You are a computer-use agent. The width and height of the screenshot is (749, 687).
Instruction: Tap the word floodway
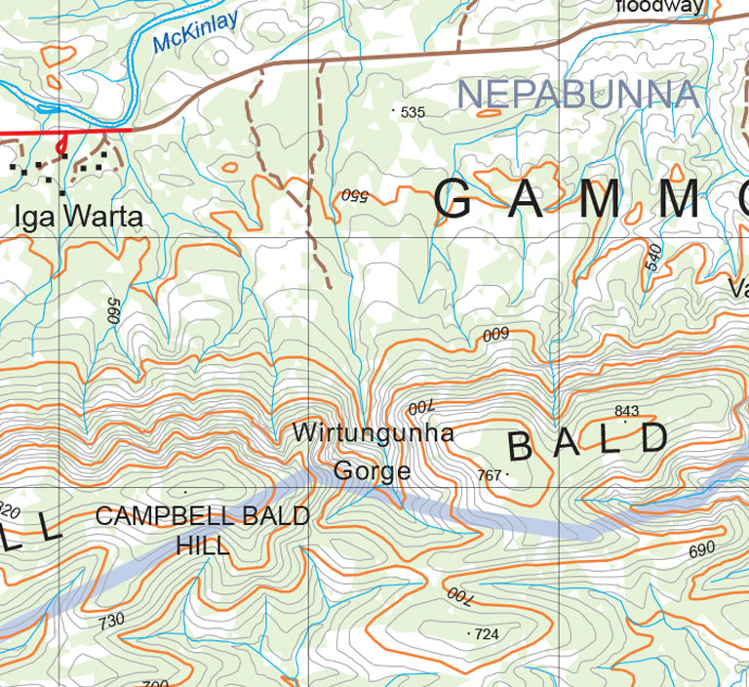tap(659, 7)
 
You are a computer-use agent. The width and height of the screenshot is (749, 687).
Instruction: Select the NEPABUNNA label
tap(578, 95)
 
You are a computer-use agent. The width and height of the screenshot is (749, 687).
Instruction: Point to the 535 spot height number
tap(414, 112)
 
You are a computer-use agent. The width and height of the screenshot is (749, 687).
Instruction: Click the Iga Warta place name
tap(78, 216)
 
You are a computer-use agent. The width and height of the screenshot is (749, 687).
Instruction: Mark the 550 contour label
tap(353, 195)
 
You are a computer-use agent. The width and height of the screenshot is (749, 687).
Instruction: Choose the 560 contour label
tap(112, 311)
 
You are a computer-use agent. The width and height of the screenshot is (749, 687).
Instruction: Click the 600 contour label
tap(496, 335)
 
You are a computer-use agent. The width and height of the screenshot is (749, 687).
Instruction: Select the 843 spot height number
tap(627, 410)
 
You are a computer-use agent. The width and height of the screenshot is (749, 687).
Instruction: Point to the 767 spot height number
tap(490, 475)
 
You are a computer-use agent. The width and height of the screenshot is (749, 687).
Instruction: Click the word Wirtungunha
tap(374, 432)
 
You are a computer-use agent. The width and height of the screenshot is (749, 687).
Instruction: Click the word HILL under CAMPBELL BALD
tap(203, 545)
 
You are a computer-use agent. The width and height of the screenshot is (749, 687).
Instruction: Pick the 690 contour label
tap(702, 549)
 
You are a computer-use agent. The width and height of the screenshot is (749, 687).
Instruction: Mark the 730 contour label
tap(112, 621)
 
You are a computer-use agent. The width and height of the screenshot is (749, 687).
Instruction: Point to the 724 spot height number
tap(487, 634)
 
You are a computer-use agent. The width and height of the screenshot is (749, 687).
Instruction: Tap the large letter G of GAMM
tap(454, 200)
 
